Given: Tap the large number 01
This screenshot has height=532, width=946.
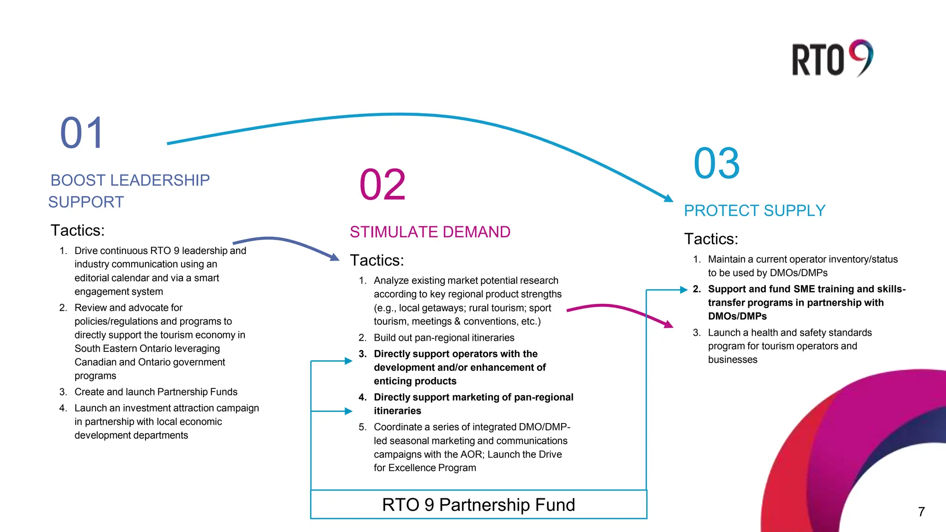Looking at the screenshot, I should pyautogui.click(x=82, y=133).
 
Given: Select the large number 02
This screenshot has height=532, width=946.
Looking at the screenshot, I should pyautogui.click(x=382, y=185).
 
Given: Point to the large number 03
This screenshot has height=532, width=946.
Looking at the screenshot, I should pyautogui.click(x=716, y=163).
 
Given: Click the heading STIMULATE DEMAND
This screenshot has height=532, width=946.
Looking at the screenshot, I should pyautogui.click(x=430, y=232).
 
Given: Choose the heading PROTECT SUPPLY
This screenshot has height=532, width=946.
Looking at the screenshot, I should pyautogui.click(x=754, y=211).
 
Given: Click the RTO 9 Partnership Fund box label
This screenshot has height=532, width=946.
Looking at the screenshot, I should pyautogui.click(x=479, y=505).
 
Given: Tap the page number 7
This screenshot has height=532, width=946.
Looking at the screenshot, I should pyautogui.click(x=921, y=512).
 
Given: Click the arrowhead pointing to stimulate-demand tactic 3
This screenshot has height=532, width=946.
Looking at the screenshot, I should pyautogui.click(x=349, y=361).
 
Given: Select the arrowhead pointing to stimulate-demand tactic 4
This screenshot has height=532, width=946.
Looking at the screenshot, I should pyautogui.click(x=349, y=411).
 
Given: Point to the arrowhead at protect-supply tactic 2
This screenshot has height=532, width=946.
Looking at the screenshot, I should pyautogui.click(x=684, y=290).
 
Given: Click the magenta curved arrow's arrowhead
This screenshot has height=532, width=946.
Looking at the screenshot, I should pyautogui.click(x=668, y=324).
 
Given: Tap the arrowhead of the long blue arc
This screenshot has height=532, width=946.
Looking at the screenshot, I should pyautogui.click(x=668, y=198).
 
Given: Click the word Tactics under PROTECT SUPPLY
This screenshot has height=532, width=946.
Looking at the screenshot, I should pyautogui.click(x=711, y=239).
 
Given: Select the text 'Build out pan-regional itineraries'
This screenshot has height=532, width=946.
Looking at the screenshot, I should pyautogui.click(x=444, y=338).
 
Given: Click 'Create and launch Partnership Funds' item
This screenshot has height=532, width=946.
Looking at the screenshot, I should pyautogui.click(x=156, y=392).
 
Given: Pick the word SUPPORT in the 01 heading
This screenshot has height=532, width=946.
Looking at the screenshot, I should pyautogui.click(x=86, y=202).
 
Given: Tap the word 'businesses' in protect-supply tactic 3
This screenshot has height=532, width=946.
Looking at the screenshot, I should pyautogui.click(x=733, y=359).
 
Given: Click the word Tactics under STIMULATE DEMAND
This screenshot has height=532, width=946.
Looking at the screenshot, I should pyautogui.click(x=376, y=260).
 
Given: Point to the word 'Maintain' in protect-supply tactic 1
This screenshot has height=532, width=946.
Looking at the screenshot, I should pyautogui.click(x=727, y=259).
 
